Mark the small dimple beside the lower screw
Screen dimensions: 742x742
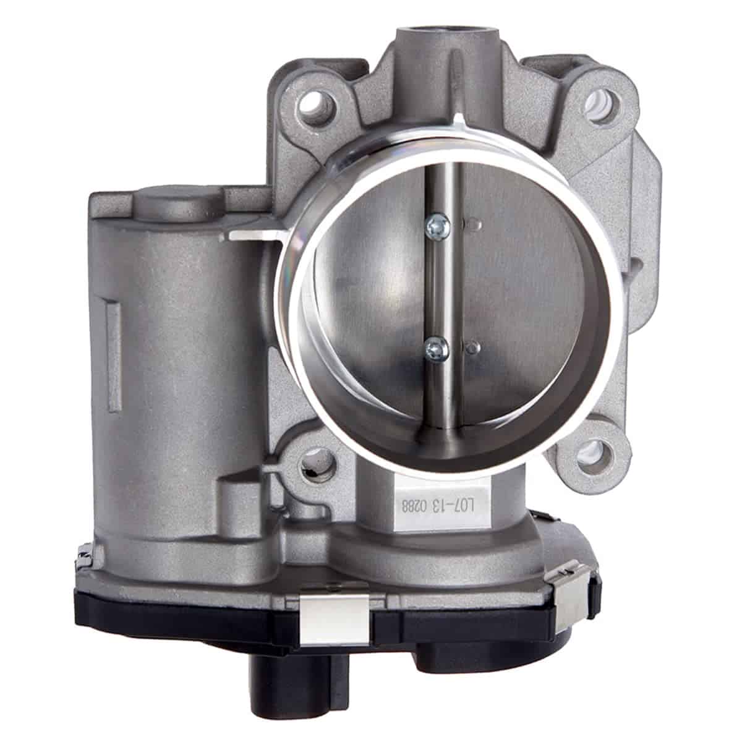click(x=473, y=345)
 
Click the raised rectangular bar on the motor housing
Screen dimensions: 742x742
click(x=113, y=339)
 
